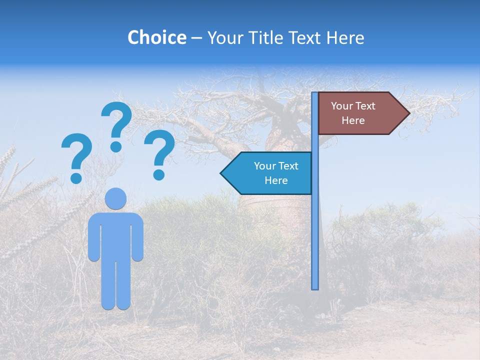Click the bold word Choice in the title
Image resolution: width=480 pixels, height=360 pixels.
[x=156, y=37]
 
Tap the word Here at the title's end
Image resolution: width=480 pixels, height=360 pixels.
[x=345, y=37]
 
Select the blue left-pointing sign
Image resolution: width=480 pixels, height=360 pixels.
[x=270, y=173]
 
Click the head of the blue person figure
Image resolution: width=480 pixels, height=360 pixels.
[x=116, y=198]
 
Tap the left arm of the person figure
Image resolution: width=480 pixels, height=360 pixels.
[x=93, y=237]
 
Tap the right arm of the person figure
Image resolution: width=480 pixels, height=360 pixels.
[x=138, y=237]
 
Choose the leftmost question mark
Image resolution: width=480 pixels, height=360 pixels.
[x=76, y=152]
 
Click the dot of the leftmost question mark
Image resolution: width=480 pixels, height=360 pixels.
[x=76, y=177]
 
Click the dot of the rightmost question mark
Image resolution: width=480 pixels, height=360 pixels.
[x=159, y=174]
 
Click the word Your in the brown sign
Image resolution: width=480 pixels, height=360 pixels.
[x=341, y=106]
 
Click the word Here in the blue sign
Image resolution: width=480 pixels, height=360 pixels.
[x=276, y=180]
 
